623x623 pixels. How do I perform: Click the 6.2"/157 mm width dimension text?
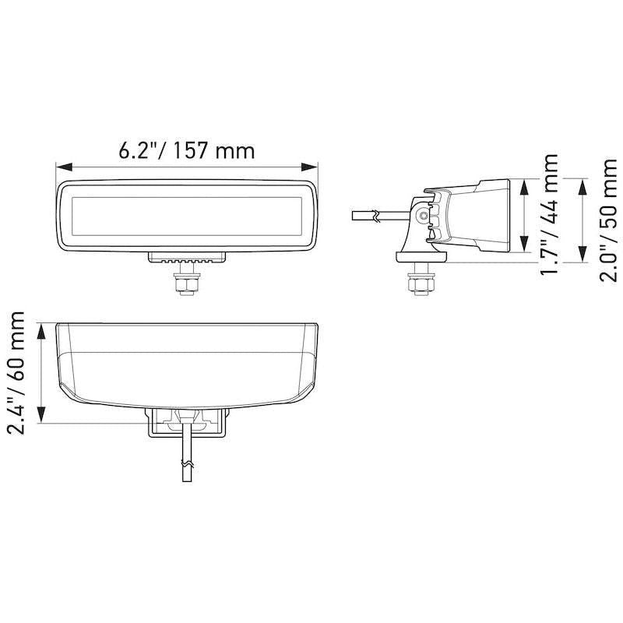pyautogui.click(x=186, y=150)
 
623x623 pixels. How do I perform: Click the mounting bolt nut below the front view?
pyautogui.click(x=186, y=286)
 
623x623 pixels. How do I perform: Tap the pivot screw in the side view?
pyautogui.click(x=423, y=216)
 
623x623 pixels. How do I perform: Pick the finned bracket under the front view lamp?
pyautogui.click(x=186, y=259)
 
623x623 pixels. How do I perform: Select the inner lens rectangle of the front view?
pyautogui.click(x=186, y=216)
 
